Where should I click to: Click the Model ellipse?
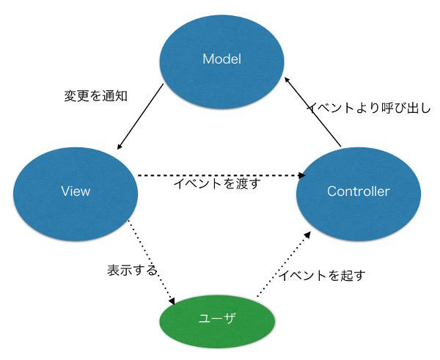pos(222,62)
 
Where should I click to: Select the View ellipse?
pos(76,194)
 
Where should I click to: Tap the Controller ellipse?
pos(359,194)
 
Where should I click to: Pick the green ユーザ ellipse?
pos(218,322)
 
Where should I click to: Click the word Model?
pos(222,59)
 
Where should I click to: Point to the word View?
pos(76,191)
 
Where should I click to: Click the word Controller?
pos(359,191)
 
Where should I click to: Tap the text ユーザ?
pos(216,318)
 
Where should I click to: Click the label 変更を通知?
pos(96,96)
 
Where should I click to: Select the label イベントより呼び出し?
pos(370,108)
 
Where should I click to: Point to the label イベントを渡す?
pos(217,184)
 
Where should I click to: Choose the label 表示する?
pos(132,271)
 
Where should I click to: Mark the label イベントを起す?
pos(322,276)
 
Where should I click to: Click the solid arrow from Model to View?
pos(140,117)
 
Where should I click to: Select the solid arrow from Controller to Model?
pos(312,111)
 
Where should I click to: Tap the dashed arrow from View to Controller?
pos(221,176)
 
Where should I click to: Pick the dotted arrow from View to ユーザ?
pos(152,262)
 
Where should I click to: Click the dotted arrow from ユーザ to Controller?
pos(284,264)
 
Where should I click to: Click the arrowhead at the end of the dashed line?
pos(302,176)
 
